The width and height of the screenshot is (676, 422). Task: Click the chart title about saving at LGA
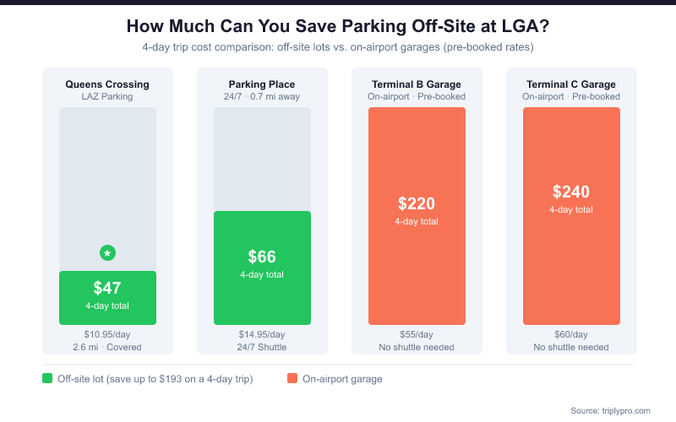(x=337, y=26)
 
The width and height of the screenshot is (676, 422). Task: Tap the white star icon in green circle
(x=107, y=252)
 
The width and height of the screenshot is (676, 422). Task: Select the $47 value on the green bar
(x=107, y=288)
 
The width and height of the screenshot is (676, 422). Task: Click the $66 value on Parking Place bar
(x=262, y=257)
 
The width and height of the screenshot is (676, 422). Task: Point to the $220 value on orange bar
(x=417, y=203)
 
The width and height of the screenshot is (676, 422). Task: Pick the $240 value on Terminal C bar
(x=571, y=192)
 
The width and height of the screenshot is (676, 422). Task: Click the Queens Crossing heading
(x=107, y=84)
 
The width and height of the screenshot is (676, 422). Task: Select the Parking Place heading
(x=262, y=84)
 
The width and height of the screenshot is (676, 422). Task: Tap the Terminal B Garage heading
(x=417, y=84)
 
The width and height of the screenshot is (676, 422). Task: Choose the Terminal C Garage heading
(x=571, y=84)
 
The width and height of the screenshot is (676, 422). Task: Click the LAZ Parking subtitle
(x=107, y=96)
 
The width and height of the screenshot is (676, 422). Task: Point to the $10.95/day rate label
(x=107, y=334)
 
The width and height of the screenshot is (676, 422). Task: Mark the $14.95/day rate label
(x=262, y=334)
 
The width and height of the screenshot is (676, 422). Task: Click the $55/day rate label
(x=417, y=334)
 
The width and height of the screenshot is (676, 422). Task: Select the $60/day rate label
(x=571, y=334)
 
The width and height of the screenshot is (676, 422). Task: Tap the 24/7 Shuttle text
(x=262, y=347)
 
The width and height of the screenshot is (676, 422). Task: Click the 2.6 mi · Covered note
(x=107, y=347)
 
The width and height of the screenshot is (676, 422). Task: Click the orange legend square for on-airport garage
(x=292, y=379)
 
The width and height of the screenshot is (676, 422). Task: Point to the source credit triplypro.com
(x=610, y=410)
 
